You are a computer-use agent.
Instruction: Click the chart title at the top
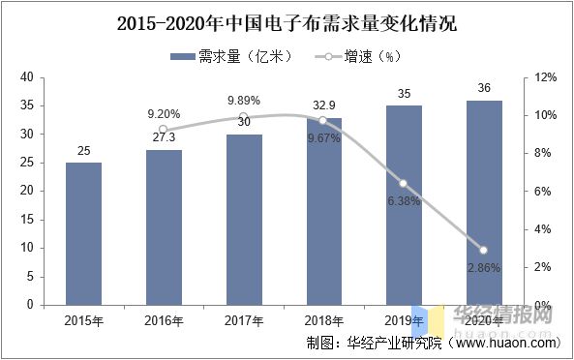pos(287,22)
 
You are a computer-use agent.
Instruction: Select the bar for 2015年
pos(84,233)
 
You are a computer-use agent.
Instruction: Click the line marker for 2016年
pos(164,130)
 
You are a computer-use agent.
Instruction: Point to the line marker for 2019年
pos(404,184)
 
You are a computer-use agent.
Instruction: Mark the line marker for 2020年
pos(484,250)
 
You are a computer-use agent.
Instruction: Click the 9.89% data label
pos(244,101)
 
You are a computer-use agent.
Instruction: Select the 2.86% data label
pos(484,267)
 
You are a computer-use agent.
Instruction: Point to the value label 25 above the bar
pos(84,150)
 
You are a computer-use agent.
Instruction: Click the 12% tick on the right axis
pos(544,77)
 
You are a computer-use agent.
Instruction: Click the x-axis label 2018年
pos(324,319)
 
